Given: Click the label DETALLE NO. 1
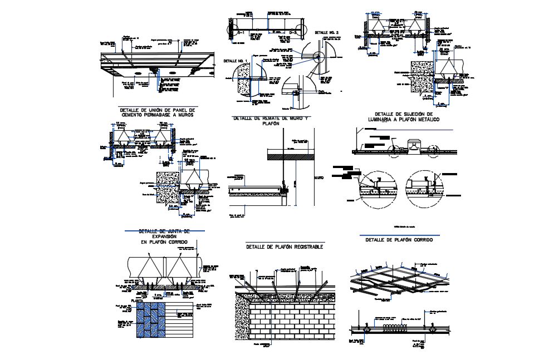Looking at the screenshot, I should point(234,60).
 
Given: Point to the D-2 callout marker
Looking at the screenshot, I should point(293,34).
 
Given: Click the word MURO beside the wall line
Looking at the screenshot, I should point(318,177).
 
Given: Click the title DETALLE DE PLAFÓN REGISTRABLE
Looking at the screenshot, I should point(285,246).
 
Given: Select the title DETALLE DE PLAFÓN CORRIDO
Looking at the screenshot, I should point(399,239).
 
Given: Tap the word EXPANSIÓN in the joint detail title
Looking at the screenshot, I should point(164,236).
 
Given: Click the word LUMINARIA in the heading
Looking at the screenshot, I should point(388,120).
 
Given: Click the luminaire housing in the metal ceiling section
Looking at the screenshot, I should point(414,146).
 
